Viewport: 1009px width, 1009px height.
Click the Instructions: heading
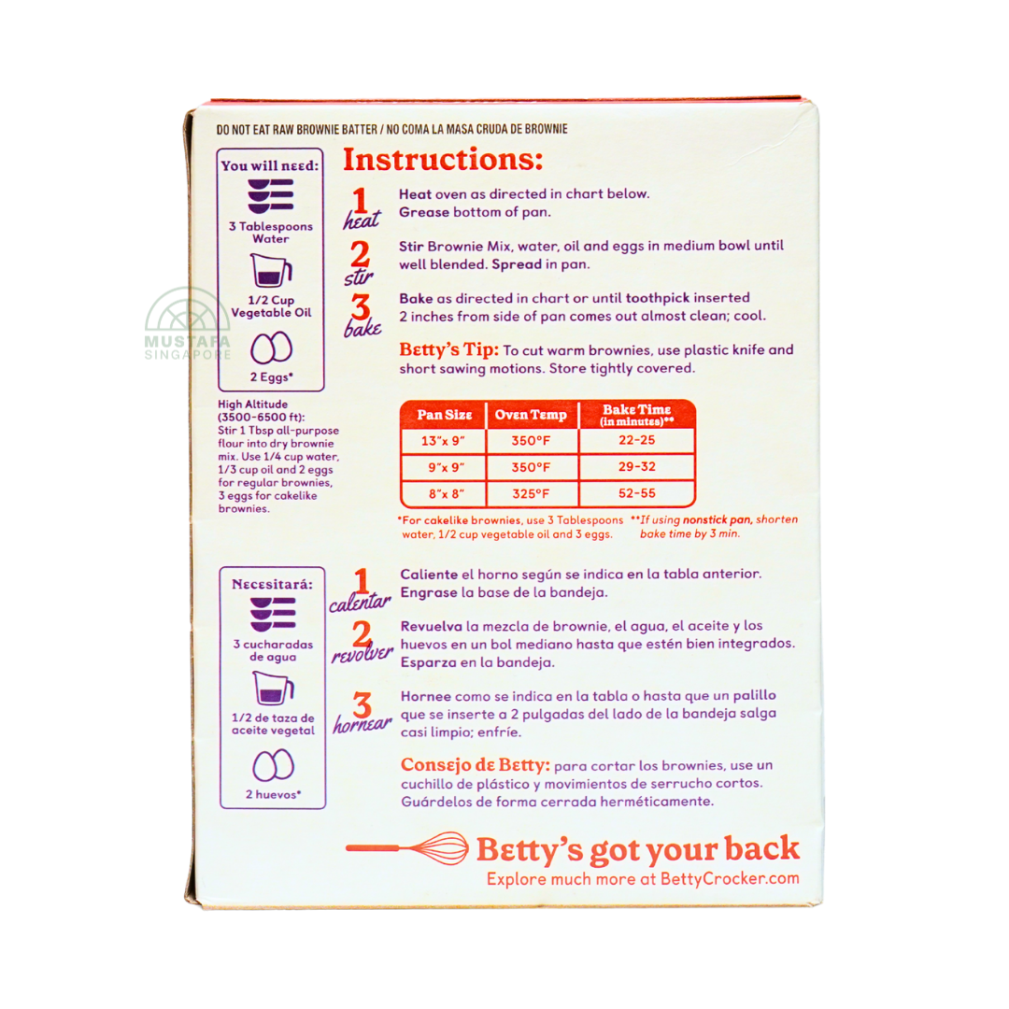(x=443, y=160)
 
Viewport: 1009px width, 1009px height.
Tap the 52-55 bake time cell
(x=637, y=493)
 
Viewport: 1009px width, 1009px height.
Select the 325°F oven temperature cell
(x=531, y=494)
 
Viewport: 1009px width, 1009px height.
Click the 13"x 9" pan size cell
(x=444, y=441)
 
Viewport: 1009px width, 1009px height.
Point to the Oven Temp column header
(x=531, y=415)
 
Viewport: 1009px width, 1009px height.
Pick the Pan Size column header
(x=444, y=415)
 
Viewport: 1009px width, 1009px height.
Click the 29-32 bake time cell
(x=637, y=467)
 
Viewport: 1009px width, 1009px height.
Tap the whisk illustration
(x=406, y=848)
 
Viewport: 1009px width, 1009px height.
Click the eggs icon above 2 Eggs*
(x=271, y=348)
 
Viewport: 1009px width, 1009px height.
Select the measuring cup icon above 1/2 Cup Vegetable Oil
(x=271, y=270)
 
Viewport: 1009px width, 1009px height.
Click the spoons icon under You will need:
(x=271, y=196)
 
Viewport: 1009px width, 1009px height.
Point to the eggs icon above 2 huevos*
(x=273, y=766)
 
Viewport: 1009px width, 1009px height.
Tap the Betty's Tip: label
(x=448, y=349)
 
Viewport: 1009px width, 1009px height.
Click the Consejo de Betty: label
(x=475, y=764)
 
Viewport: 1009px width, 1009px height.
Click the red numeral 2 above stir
(x=361, y=254)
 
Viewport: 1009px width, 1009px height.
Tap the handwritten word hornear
(x=362, y=725)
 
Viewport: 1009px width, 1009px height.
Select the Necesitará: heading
(x=272, y=584)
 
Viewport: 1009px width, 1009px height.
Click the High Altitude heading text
(x=253, y=405)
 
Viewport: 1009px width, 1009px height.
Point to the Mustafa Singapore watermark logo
(x=187, y=323)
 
